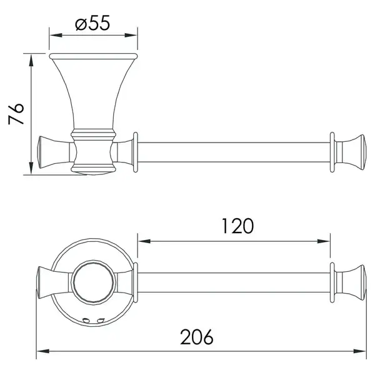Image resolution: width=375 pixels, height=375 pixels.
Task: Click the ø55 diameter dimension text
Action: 92,23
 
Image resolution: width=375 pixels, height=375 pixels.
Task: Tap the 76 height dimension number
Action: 16,114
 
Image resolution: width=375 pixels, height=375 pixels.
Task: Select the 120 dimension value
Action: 237,226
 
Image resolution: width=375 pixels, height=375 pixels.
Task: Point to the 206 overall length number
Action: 197,337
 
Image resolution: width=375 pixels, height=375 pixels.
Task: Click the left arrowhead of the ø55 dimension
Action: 56,36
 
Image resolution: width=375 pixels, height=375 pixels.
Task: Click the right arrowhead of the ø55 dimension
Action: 131,36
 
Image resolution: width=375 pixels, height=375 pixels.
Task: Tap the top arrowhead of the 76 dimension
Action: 31,60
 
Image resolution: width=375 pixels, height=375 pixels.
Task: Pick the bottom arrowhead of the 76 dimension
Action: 31,168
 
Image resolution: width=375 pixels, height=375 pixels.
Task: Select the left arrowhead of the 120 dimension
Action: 144,241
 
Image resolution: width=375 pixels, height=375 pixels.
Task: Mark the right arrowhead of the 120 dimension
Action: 324,241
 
